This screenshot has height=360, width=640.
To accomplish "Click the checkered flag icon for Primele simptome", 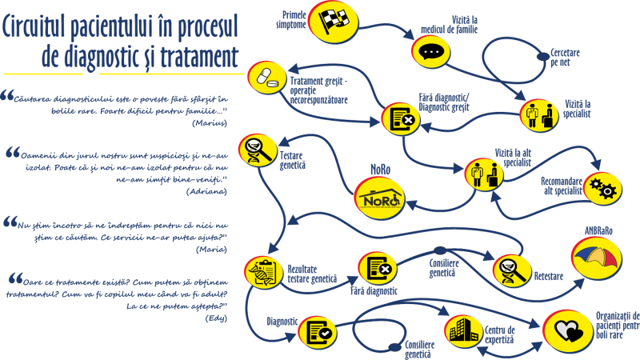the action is (x=334, y=22).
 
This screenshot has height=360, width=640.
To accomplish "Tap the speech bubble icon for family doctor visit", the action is (x=431, y=52).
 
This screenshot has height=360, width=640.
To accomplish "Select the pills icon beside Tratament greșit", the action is (x=267, y=78).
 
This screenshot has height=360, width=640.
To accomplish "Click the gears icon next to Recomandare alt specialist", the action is (x=603, y=189).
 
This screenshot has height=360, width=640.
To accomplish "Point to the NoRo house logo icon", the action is (x=379, y=198).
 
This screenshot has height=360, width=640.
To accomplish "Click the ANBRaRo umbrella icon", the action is (x=597, y=258).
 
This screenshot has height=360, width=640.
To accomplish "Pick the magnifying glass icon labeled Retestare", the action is (x=512, y=270).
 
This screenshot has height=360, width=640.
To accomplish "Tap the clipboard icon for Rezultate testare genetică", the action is (x=264, y=272).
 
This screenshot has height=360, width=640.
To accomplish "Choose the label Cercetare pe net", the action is (x=565, y=57).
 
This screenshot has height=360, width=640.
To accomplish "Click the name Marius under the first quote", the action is (x=210, y=123).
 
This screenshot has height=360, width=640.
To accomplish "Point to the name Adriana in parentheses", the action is (x=206, y=191).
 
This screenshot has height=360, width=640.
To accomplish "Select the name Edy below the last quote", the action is (x=216, y=318).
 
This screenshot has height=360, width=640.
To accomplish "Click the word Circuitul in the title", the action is (x=34, y=26).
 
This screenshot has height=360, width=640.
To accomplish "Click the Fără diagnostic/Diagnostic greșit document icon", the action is (x=402, y=118).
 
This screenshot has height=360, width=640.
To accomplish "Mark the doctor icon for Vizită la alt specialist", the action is (x=485, y=174).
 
